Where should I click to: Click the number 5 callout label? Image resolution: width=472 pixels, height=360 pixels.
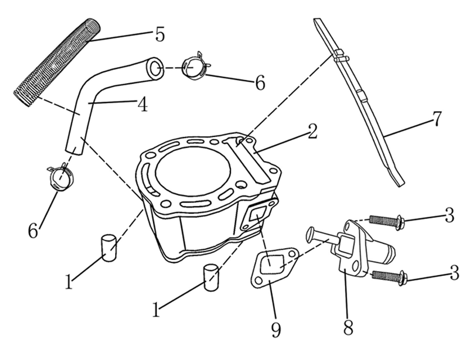pyautogui.click(x=160, y=35)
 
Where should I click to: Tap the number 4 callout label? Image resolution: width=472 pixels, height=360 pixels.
pyautogui.click(x=143, y=104)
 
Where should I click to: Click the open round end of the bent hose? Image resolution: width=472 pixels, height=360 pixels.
pyautogui.click(x=155, y=68)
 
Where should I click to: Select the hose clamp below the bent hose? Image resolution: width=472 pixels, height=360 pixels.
pyautogui.click(x=60, y=177)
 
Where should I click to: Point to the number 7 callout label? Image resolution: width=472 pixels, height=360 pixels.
pyautogui.click(x=436, y=119)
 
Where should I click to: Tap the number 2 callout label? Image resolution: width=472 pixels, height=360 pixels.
pyautogui.click(x=313, y=131)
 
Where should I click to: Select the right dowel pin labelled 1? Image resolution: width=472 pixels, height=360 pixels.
pyautogui.click(x=211, y=277)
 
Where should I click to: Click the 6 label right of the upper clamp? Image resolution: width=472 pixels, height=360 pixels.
pyautogui.click(x=260, y=83)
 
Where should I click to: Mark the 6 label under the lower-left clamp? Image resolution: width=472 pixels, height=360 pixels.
pyautogui.click(x=33, y=231)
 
